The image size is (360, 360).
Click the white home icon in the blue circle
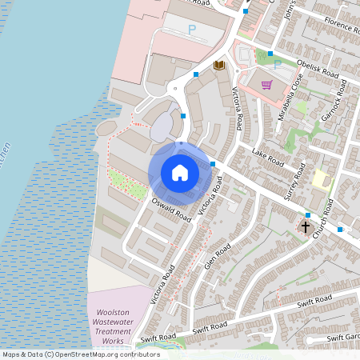(180, 173)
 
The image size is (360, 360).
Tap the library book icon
(219, 65)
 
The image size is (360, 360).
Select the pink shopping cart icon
(266, 85)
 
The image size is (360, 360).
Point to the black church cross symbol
(305, 227)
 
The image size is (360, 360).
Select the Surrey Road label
(296, 179)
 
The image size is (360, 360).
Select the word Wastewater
(113, 321)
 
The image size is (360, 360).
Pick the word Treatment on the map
(113, 330)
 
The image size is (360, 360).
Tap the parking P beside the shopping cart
(278, 64)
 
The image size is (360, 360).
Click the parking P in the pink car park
(191, 30)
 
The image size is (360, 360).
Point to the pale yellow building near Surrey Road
(320, 178)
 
